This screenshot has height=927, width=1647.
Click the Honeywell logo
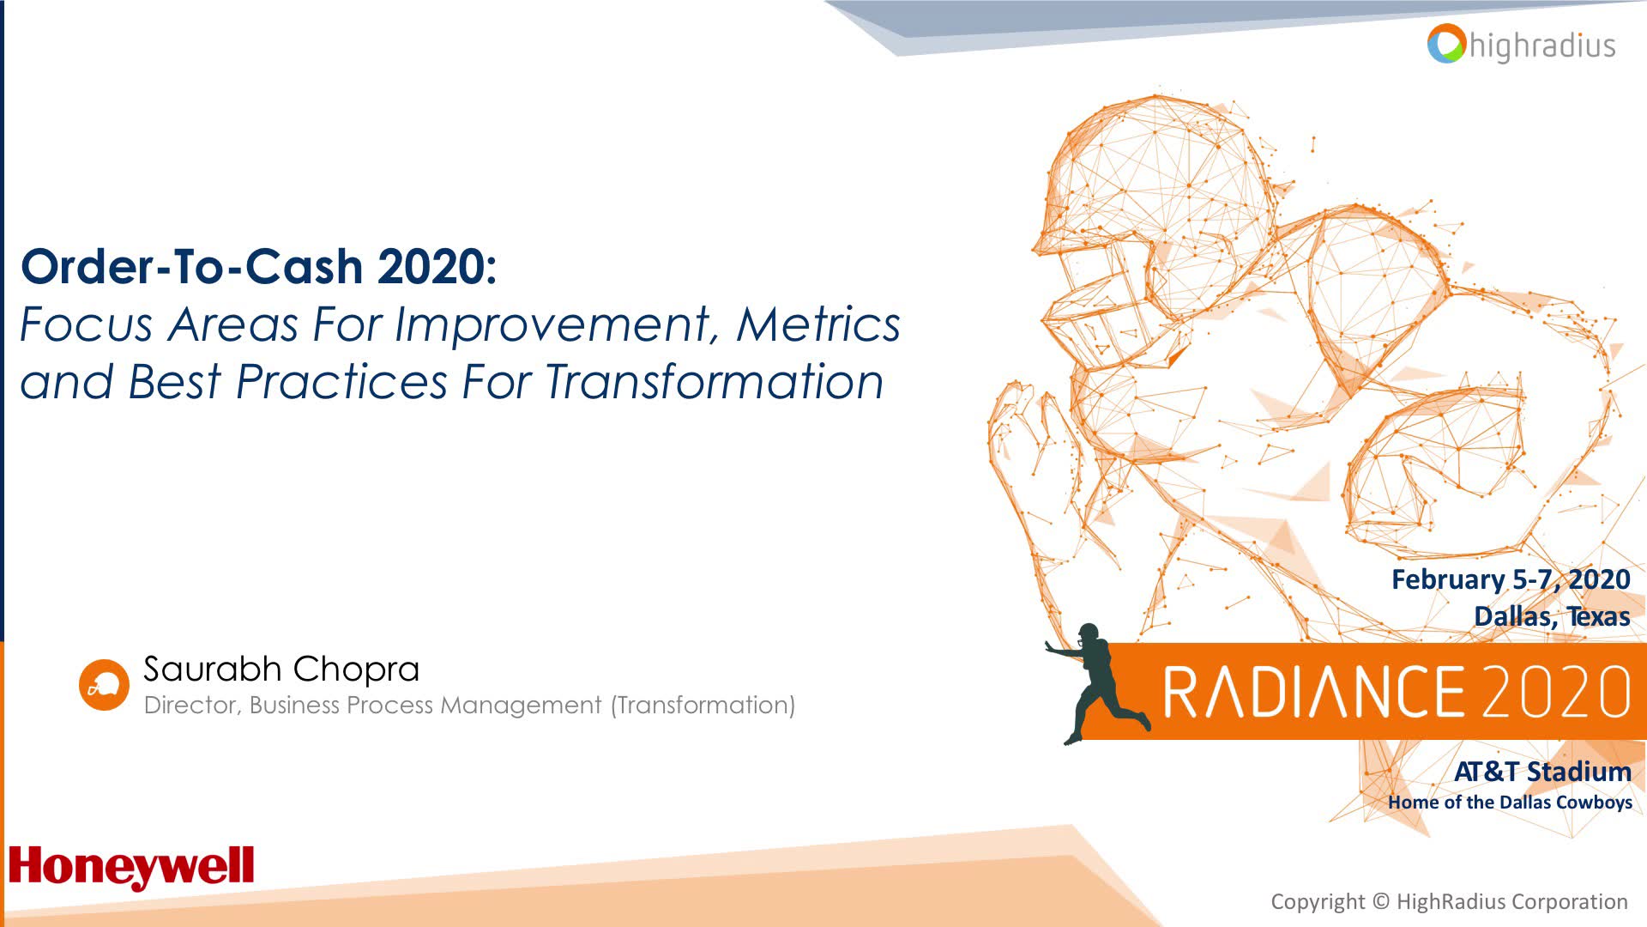(131, 867)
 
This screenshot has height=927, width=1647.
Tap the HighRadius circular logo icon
(1446, 44)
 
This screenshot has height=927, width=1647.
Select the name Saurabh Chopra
(281, 669)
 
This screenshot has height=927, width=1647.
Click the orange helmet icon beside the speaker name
(104, 685)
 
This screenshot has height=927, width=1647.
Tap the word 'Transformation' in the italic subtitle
(714, 383)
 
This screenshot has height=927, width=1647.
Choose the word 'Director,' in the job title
(192, 706)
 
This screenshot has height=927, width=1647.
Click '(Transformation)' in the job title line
(703, 706)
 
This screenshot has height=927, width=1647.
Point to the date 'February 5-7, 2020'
(1510, 579)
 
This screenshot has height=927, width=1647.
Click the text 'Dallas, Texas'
(1551, 616)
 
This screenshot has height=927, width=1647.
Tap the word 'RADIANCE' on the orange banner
(1312, 692)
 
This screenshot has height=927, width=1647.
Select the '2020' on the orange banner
(1554, 692)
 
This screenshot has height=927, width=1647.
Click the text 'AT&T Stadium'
(1541, 772)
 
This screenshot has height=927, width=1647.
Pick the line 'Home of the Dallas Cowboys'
(1510, 803)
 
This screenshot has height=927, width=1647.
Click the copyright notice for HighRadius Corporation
(1449, 902)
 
